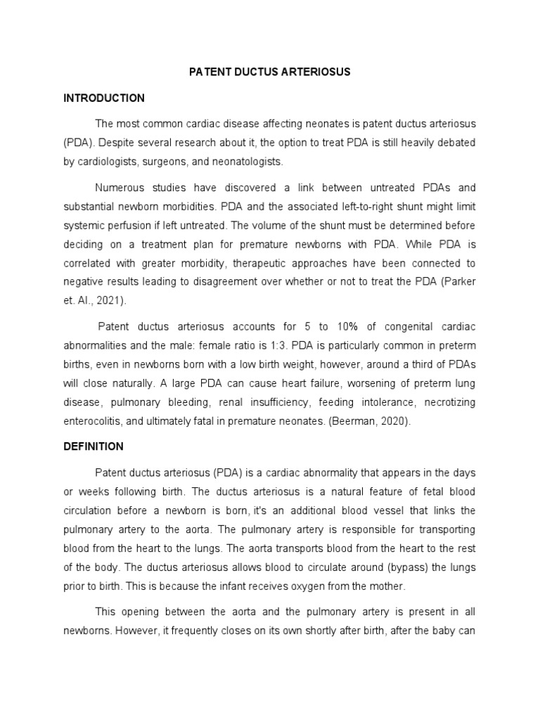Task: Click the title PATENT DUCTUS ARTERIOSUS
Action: tap(271, 72)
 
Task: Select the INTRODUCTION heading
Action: tap(103, 98)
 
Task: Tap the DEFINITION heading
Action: tap(93, 446)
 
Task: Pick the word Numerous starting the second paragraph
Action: tap(120, 188)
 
